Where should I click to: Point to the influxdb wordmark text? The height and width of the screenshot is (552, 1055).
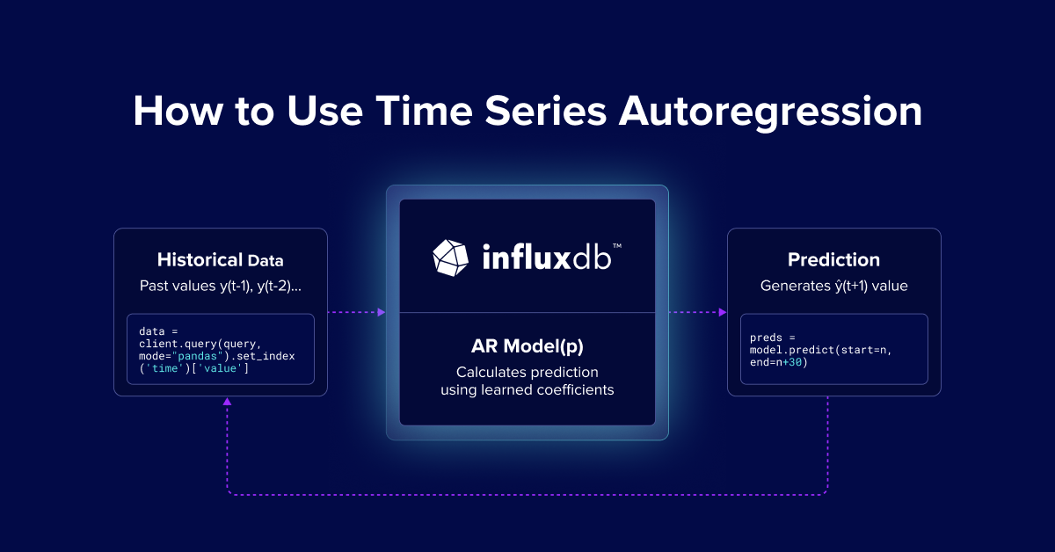(x=551, y=257)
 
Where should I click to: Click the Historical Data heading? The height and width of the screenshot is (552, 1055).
(x=220, y=260)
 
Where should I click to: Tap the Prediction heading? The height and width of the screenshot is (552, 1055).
(x=833, y=260)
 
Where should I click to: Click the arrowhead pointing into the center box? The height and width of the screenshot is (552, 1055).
(x=381, y=312)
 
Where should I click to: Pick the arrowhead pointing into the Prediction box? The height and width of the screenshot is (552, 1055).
(x=722, y=312)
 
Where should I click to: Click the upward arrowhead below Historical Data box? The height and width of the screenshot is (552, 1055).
(x=228, y=402)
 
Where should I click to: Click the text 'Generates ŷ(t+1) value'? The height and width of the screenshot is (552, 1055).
(x=833, y=286)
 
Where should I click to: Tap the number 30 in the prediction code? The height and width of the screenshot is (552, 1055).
(x=794, y=362)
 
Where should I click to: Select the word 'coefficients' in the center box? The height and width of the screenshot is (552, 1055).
(x=576, y=389)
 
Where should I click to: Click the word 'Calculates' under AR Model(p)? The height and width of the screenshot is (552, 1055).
(x=490, y=372)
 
